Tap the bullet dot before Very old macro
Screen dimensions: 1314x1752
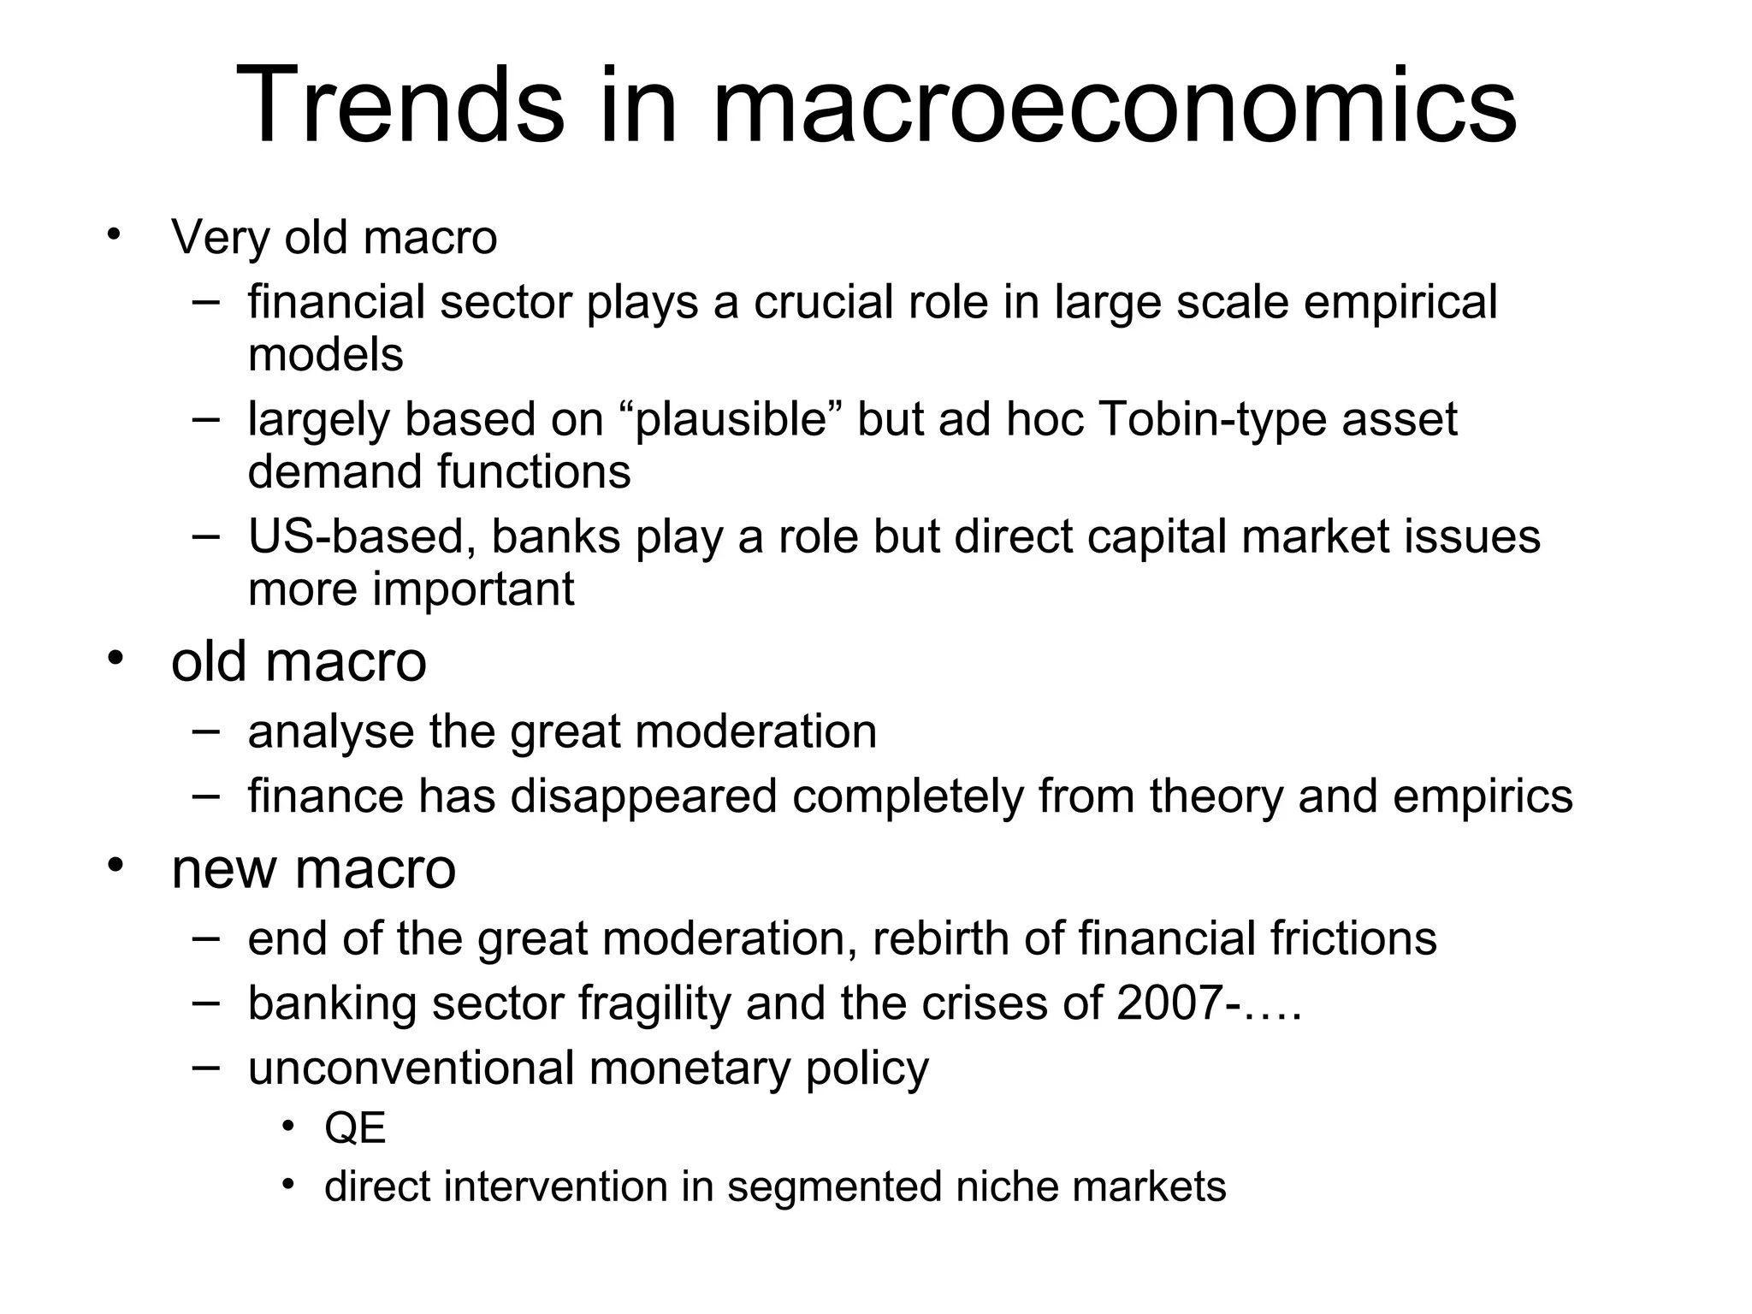click(115, 234)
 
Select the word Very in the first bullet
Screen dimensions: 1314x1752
click(220, 237)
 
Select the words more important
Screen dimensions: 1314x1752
click(411, 589)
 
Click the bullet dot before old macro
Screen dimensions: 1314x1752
click(115, 658)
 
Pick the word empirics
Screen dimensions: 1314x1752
click(1483, 796)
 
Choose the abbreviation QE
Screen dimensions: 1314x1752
click(355, 1128)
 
